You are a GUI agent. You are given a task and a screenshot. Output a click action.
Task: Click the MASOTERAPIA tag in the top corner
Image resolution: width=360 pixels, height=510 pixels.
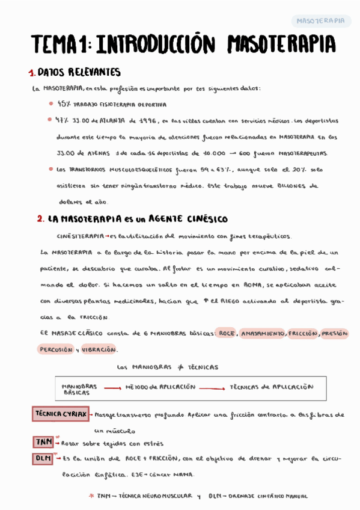tap(321, 21)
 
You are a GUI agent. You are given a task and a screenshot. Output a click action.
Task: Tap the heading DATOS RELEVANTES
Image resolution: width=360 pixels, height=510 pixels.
tap(79, 72)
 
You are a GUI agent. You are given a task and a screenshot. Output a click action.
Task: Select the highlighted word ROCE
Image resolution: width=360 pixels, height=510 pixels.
tap(227, 333)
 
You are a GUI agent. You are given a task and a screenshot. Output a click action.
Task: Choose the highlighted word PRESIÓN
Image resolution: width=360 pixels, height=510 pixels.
tap(335, 333)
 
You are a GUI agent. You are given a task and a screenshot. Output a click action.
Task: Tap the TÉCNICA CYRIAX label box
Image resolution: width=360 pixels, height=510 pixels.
tap(60, 414)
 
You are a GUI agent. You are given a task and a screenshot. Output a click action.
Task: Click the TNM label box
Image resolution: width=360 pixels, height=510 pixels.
tap(43, 443)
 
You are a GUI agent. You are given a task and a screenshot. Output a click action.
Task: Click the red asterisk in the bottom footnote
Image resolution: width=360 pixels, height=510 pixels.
tap(91, 496)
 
